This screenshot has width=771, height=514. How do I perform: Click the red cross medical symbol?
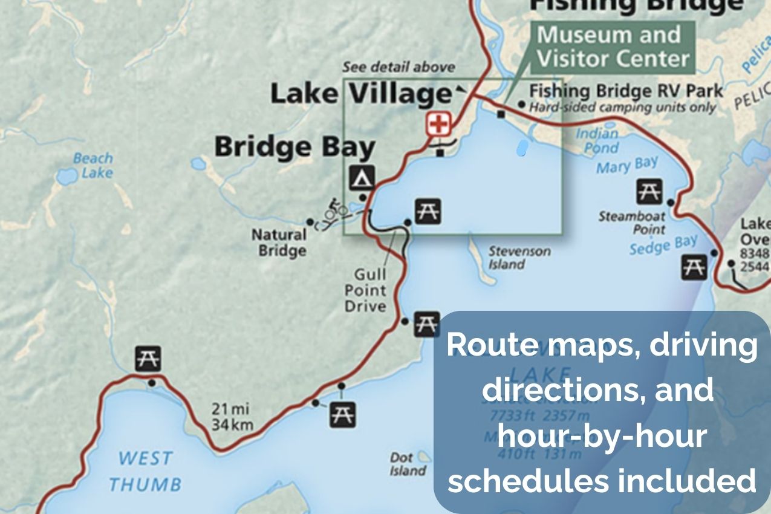[x=438, y=125]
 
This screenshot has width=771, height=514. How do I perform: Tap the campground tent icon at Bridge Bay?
[x=362, y=177]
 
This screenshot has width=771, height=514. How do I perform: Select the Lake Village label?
[x=361, y=93]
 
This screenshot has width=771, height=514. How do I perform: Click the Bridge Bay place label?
[x=295, y=147]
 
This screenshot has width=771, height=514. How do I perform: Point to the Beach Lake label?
[x=93, y=165]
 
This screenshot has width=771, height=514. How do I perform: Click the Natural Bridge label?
[x=279, y=242]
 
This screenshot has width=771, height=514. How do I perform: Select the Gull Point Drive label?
[x=365, y=291]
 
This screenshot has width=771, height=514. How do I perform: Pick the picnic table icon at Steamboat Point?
[x=649, y=192]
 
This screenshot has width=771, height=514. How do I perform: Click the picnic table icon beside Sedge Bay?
[x=694, y=267]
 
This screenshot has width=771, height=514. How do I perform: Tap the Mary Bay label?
[x=627, y=164]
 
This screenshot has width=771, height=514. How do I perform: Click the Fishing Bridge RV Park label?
[x=626, y=91]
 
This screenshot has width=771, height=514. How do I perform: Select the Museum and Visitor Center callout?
[x=613, y=47]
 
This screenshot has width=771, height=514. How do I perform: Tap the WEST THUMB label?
[x=145, y=471]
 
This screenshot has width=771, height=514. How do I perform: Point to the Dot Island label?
[x=407, y=464]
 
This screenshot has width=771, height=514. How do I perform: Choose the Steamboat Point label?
[x=632, y=223]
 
